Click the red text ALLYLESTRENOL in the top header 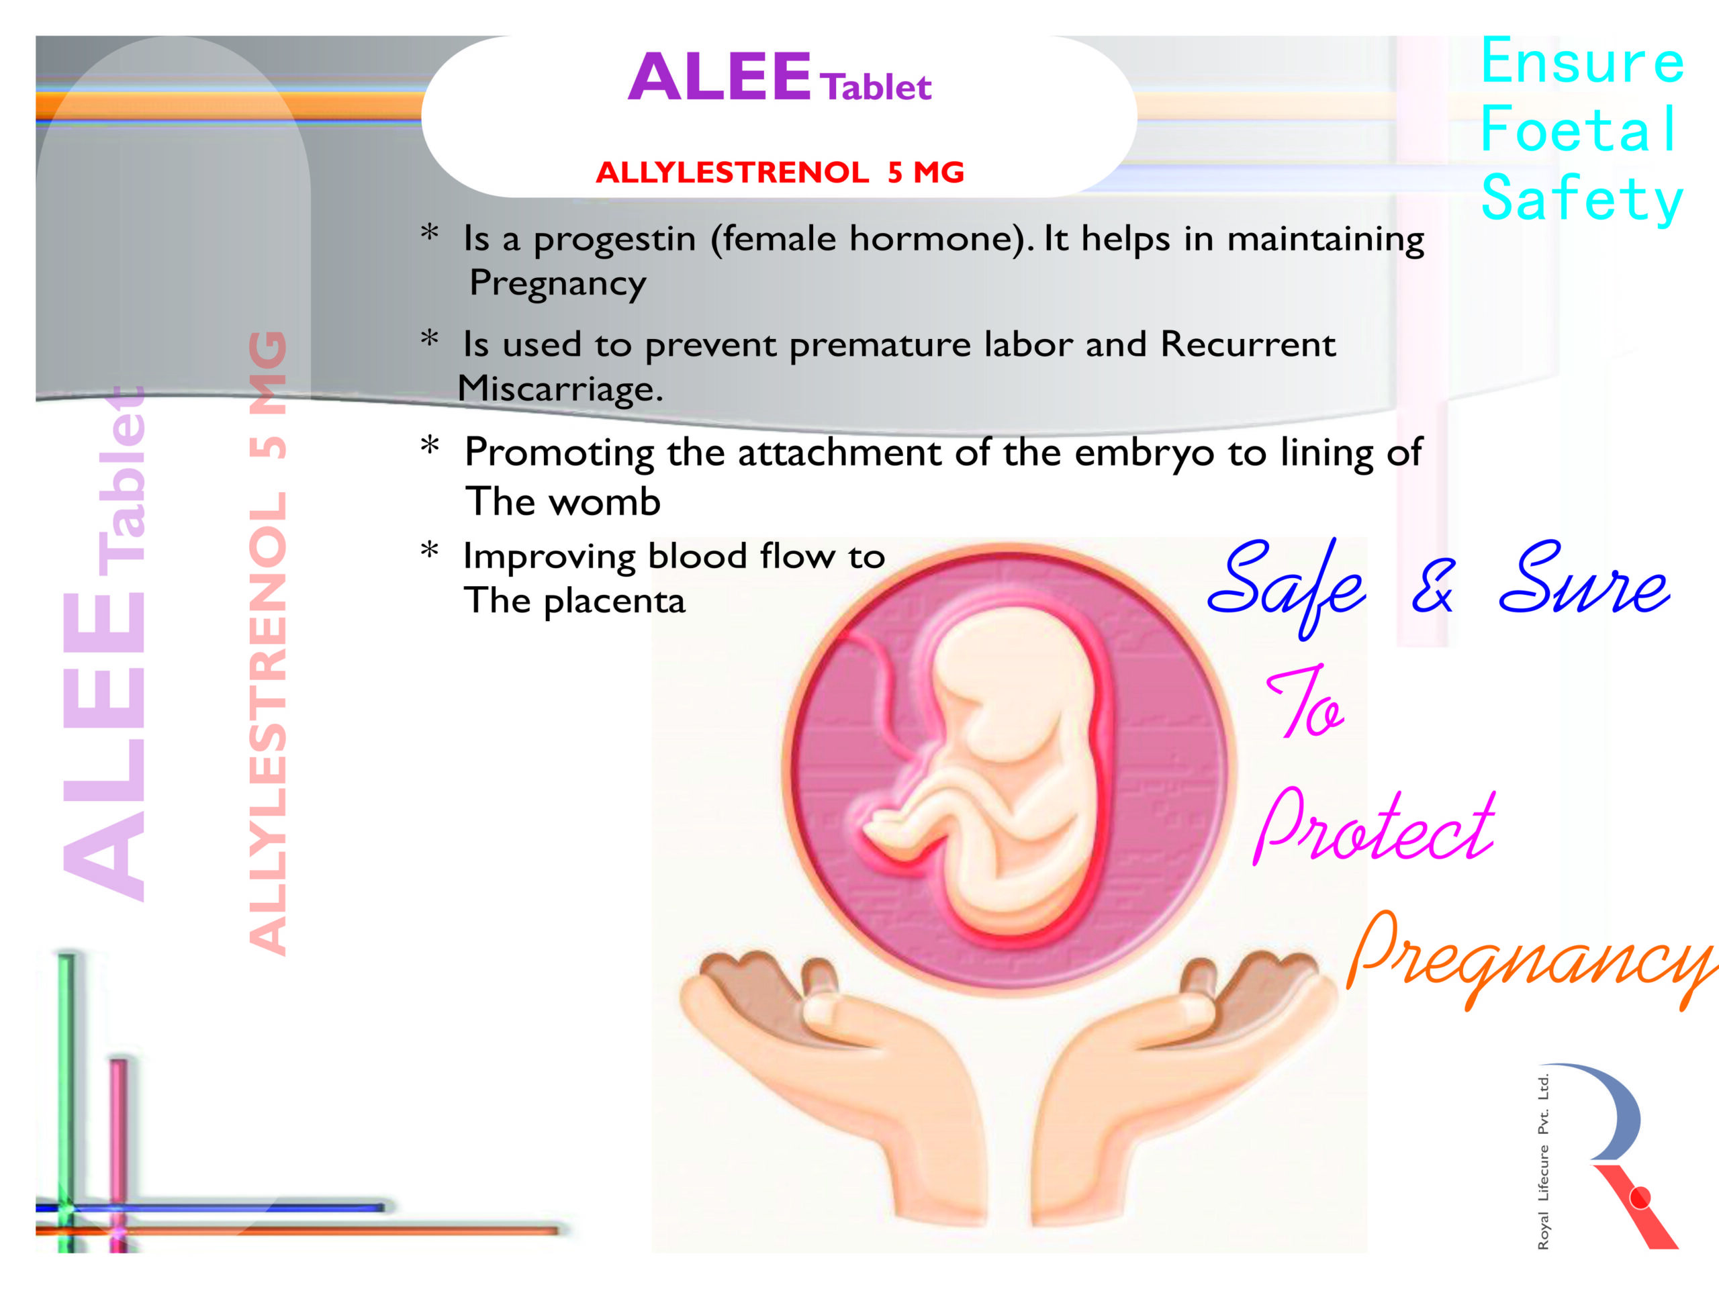pyautogui.click(x=732, y=172)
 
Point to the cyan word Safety pyautogui.click(x=1582, y=199)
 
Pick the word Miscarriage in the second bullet pyautogui.click(x=559, y=389)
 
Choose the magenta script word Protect pyautogui.click(x=1374, y=828)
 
